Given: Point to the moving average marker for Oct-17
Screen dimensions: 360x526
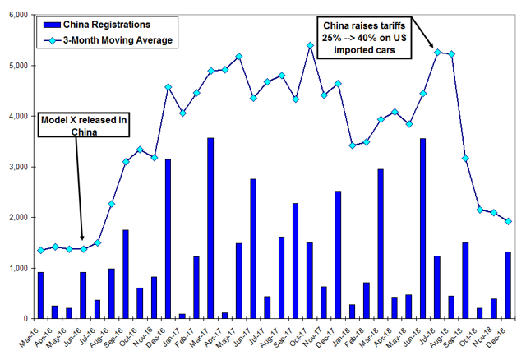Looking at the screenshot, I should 310,46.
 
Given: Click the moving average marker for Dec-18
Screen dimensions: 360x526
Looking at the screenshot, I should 508,221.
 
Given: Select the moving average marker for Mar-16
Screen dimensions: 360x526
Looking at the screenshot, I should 41,251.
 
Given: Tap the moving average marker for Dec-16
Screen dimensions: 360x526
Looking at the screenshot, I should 168,87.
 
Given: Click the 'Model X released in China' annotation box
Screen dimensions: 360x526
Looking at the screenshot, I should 85,127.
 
